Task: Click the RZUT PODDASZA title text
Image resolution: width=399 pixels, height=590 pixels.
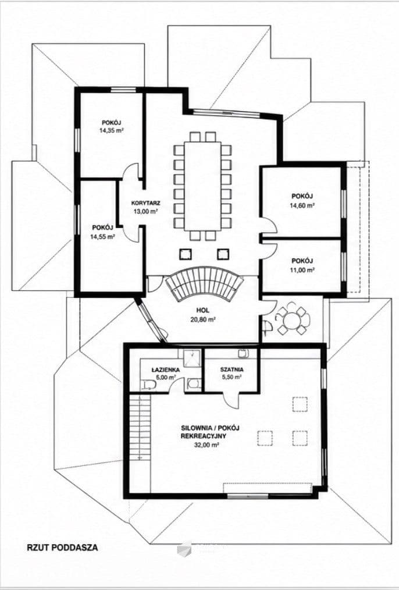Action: [62, 548]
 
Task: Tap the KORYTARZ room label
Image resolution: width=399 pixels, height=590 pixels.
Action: [145, 203]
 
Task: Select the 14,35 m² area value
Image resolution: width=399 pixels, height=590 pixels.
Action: [112, 130]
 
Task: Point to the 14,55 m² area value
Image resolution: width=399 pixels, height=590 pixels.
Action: [103, 237]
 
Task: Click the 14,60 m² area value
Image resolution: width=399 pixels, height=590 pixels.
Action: [302, 205]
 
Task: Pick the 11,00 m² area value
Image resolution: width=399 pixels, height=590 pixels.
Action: [302, 270]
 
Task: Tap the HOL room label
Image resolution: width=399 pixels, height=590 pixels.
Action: [202, 311]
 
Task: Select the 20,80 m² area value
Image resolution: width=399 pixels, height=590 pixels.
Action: [202, 319]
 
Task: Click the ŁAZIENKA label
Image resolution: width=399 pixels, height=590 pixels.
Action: [165, 370]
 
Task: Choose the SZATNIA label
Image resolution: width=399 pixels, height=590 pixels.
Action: [231, 369]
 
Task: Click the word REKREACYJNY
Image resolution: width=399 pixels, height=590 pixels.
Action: [203, 436]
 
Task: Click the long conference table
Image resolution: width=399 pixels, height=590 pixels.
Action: [202, 186]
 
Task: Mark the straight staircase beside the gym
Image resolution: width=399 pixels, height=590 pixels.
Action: [140, 426]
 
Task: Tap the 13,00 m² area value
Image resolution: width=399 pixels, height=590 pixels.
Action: [145, 211]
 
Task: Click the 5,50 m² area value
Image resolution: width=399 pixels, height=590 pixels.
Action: [231, 377]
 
